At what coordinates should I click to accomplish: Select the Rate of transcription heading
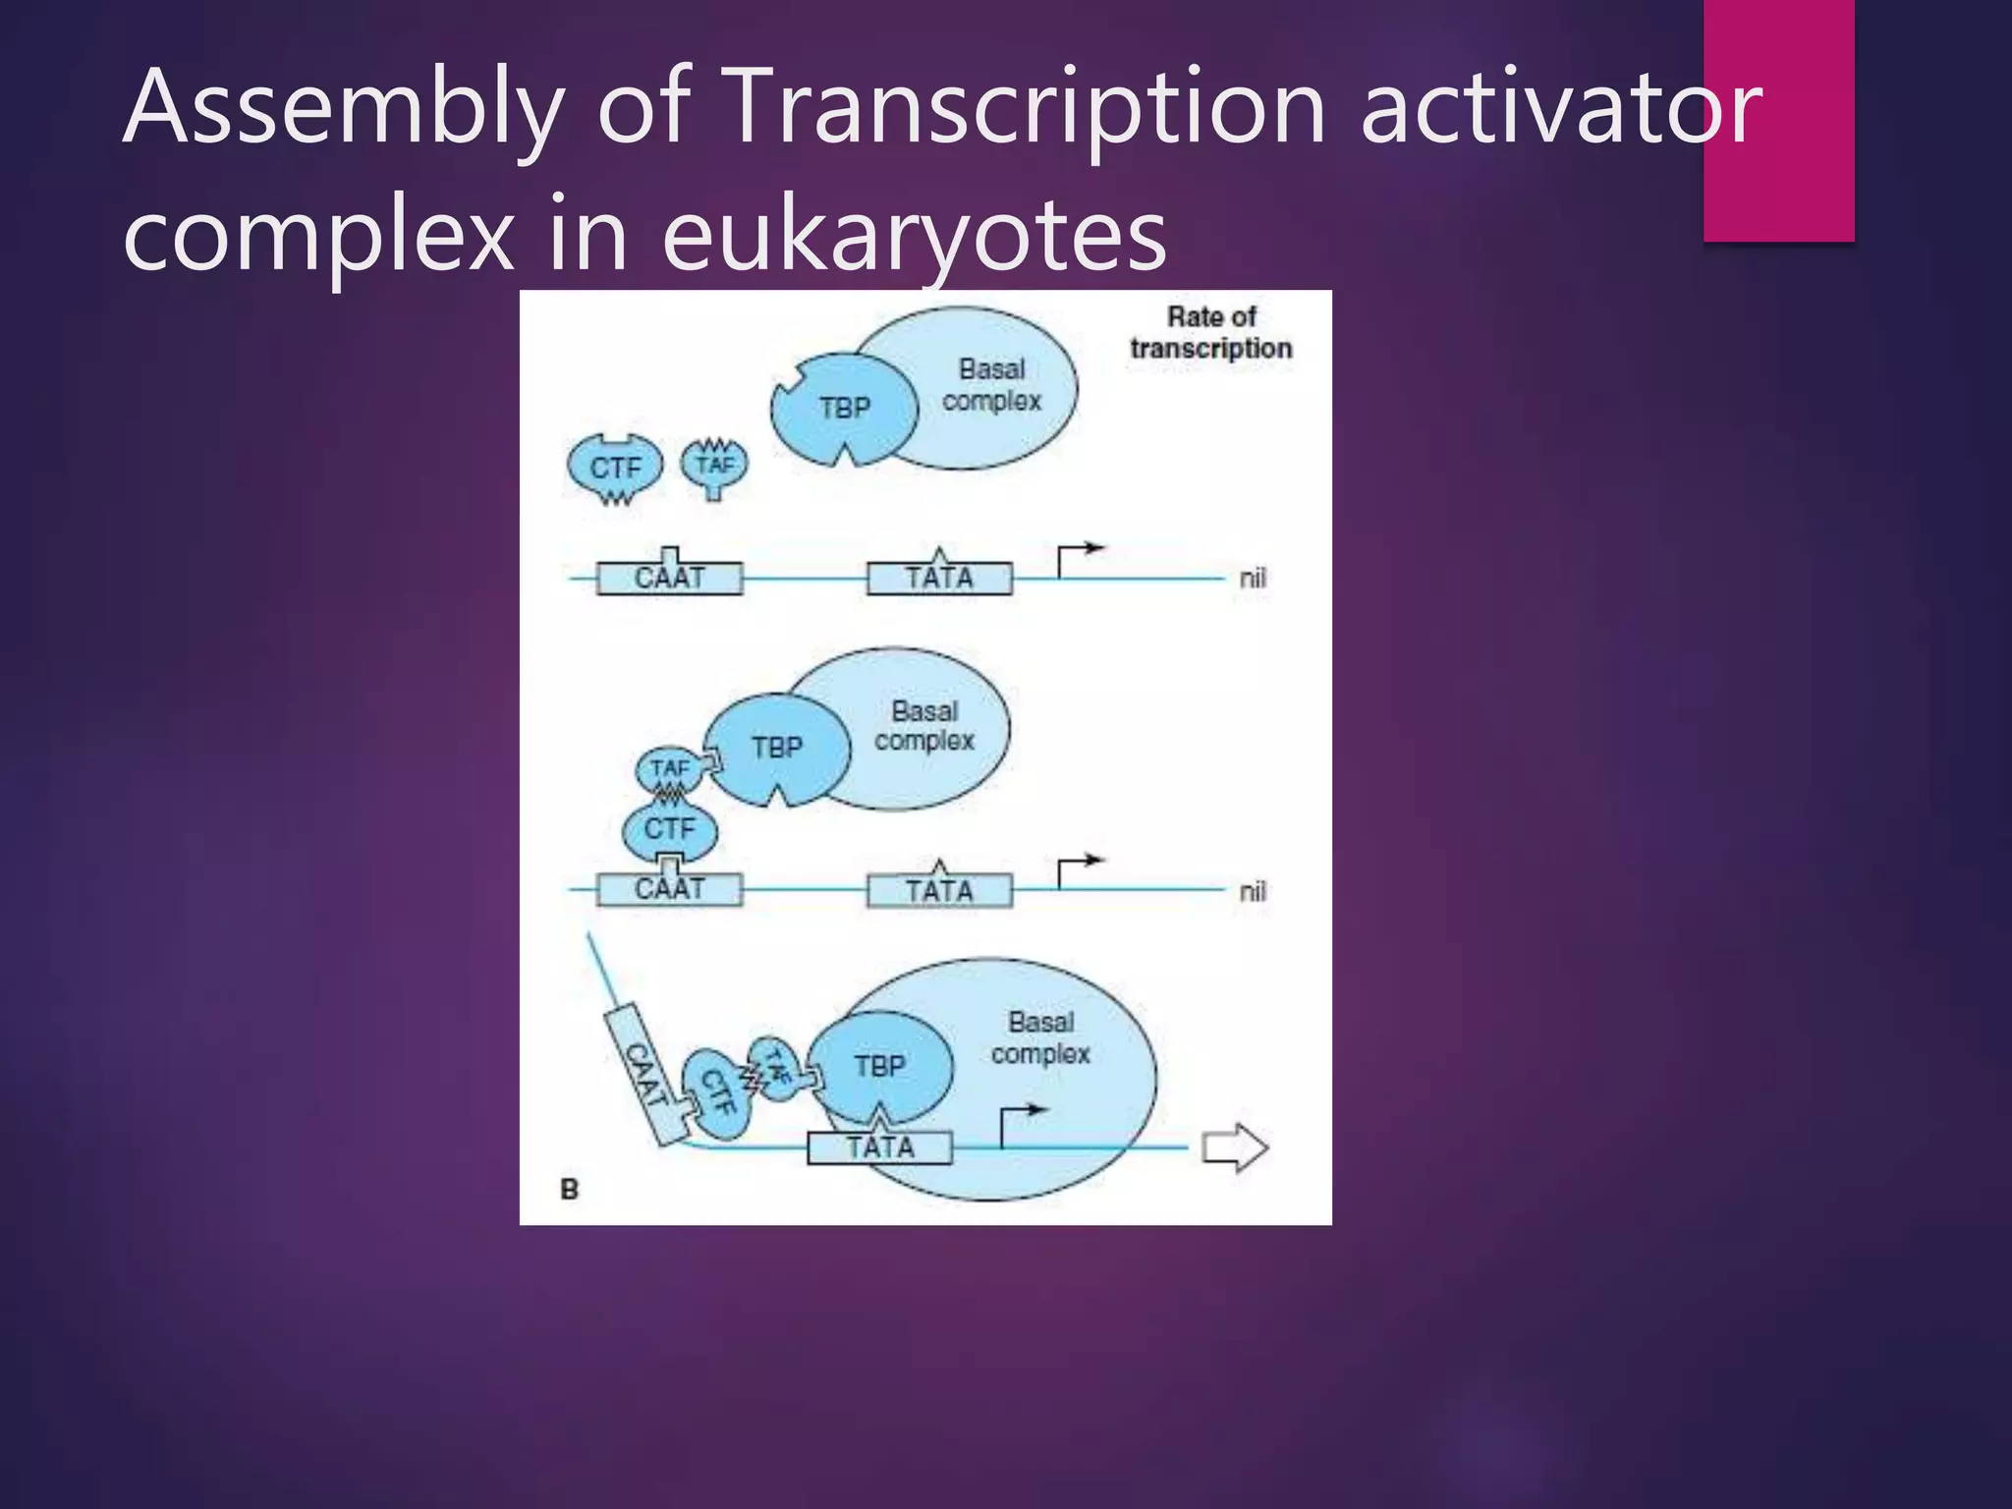point(1210,332)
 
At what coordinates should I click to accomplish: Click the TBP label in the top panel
point(845,408)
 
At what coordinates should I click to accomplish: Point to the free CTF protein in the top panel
point(615,468)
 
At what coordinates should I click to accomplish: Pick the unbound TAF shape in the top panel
point(714,465)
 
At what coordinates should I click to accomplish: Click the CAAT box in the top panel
point(669,578)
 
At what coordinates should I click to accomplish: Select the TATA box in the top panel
point(939,578)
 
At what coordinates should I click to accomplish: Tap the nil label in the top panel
point(1253,578)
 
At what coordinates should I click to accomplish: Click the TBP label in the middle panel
point(777,748)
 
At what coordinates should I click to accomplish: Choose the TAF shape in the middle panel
point(669,768)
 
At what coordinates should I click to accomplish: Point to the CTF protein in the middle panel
point(669,829)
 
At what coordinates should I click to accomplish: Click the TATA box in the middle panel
point(939,891)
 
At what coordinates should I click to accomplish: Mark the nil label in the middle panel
point(1253,891)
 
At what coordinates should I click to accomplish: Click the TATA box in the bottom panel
point(879,1147)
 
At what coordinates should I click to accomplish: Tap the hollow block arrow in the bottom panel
point(1235,1147)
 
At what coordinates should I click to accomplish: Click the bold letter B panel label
point(570,1190)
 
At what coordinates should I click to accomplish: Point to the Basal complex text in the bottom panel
point(1040,1038)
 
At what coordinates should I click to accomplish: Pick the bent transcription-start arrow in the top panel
point(1078,558)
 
